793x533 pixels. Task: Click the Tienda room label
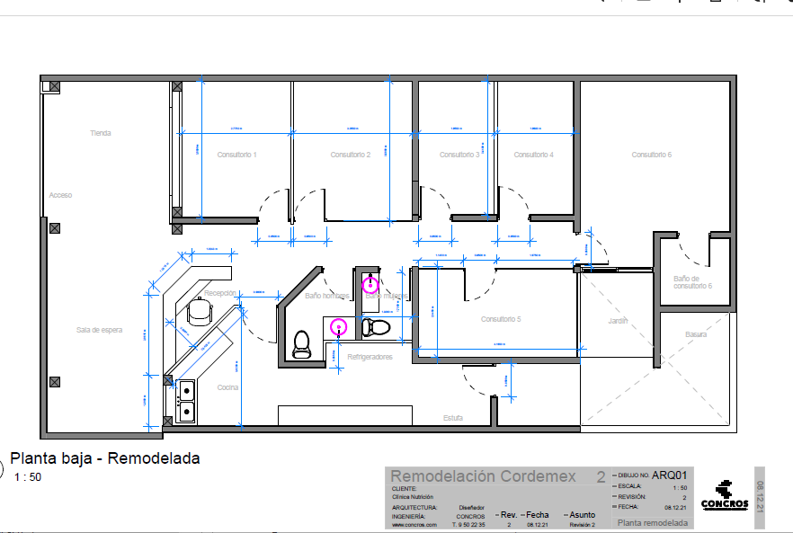pos(100,133)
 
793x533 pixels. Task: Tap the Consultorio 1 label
pos(236,155)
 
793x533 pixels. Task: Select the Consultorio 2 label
pos(351,155)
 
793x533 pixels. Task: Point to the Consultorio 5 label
pos(501,319)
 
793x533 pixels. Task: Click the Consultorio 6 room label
pos(652,155)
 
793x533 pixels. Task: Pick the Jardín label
pos(617,321)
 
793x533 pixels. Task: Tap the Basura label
pos(696,334)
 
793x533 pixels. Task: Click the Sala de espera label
pos(99,330)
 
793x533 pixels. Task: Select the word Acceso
pos(60,195)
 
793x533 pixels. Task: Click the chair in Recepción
pos(199,311)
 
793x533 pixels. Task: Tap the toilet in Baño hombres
pos(301,344)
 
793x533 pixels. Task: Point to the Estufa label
pos(453,418)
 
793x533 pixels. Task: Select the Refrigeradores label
pos(370,357)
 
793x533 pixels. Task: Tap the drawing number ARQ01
pos(670,475)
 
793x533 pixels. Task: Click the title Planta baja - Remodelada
pos(104,458)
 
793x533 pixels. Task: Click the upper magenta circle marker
pos(370,285)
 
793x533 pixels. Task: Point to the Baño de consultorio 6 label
pos(692,282)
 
